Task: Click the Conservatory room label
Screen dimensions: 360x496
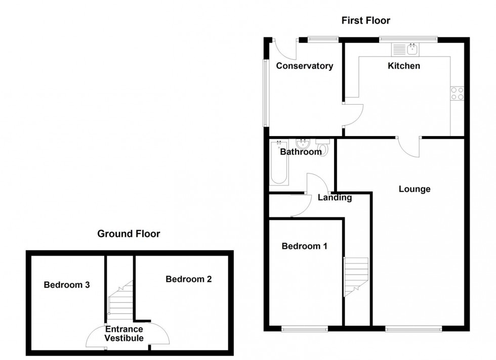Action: (x=304, y=66)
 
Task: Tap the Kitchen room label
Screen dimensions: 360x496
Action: (x=403, y=66)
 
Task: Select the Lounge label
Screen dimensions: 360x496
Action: (x=415, y=189)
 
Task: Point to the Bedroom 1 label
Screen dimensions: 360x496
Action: (x=304, y=246)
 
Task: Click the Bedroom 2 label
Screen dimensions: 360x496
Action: (x=188, y=279)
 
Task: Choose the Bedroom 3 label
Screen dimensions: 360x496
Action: (x=67, y=285)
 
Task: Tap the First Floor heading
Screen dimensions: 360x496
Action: (x=365, y=21)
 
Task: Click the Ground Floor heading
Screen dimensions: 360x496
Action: (x=129, y=234)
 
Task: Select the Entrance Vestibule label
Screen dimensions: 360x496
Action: (x=124, y=334)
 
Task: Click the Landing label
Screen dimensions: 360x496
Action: (x=335, y=198)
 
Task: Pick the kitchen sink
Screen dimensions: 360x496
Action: (x=405, y=50)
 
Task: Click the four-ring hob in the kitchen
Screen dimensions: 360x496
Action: (x=457, y=93)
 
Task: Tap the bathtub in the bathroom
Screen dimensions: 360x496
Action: (x=279, y=164)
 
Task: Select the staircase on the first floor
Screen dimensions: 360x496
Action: (x=356, y=276)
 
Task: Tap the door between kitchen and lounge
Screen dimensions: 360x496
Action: (x=409, y=147)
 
